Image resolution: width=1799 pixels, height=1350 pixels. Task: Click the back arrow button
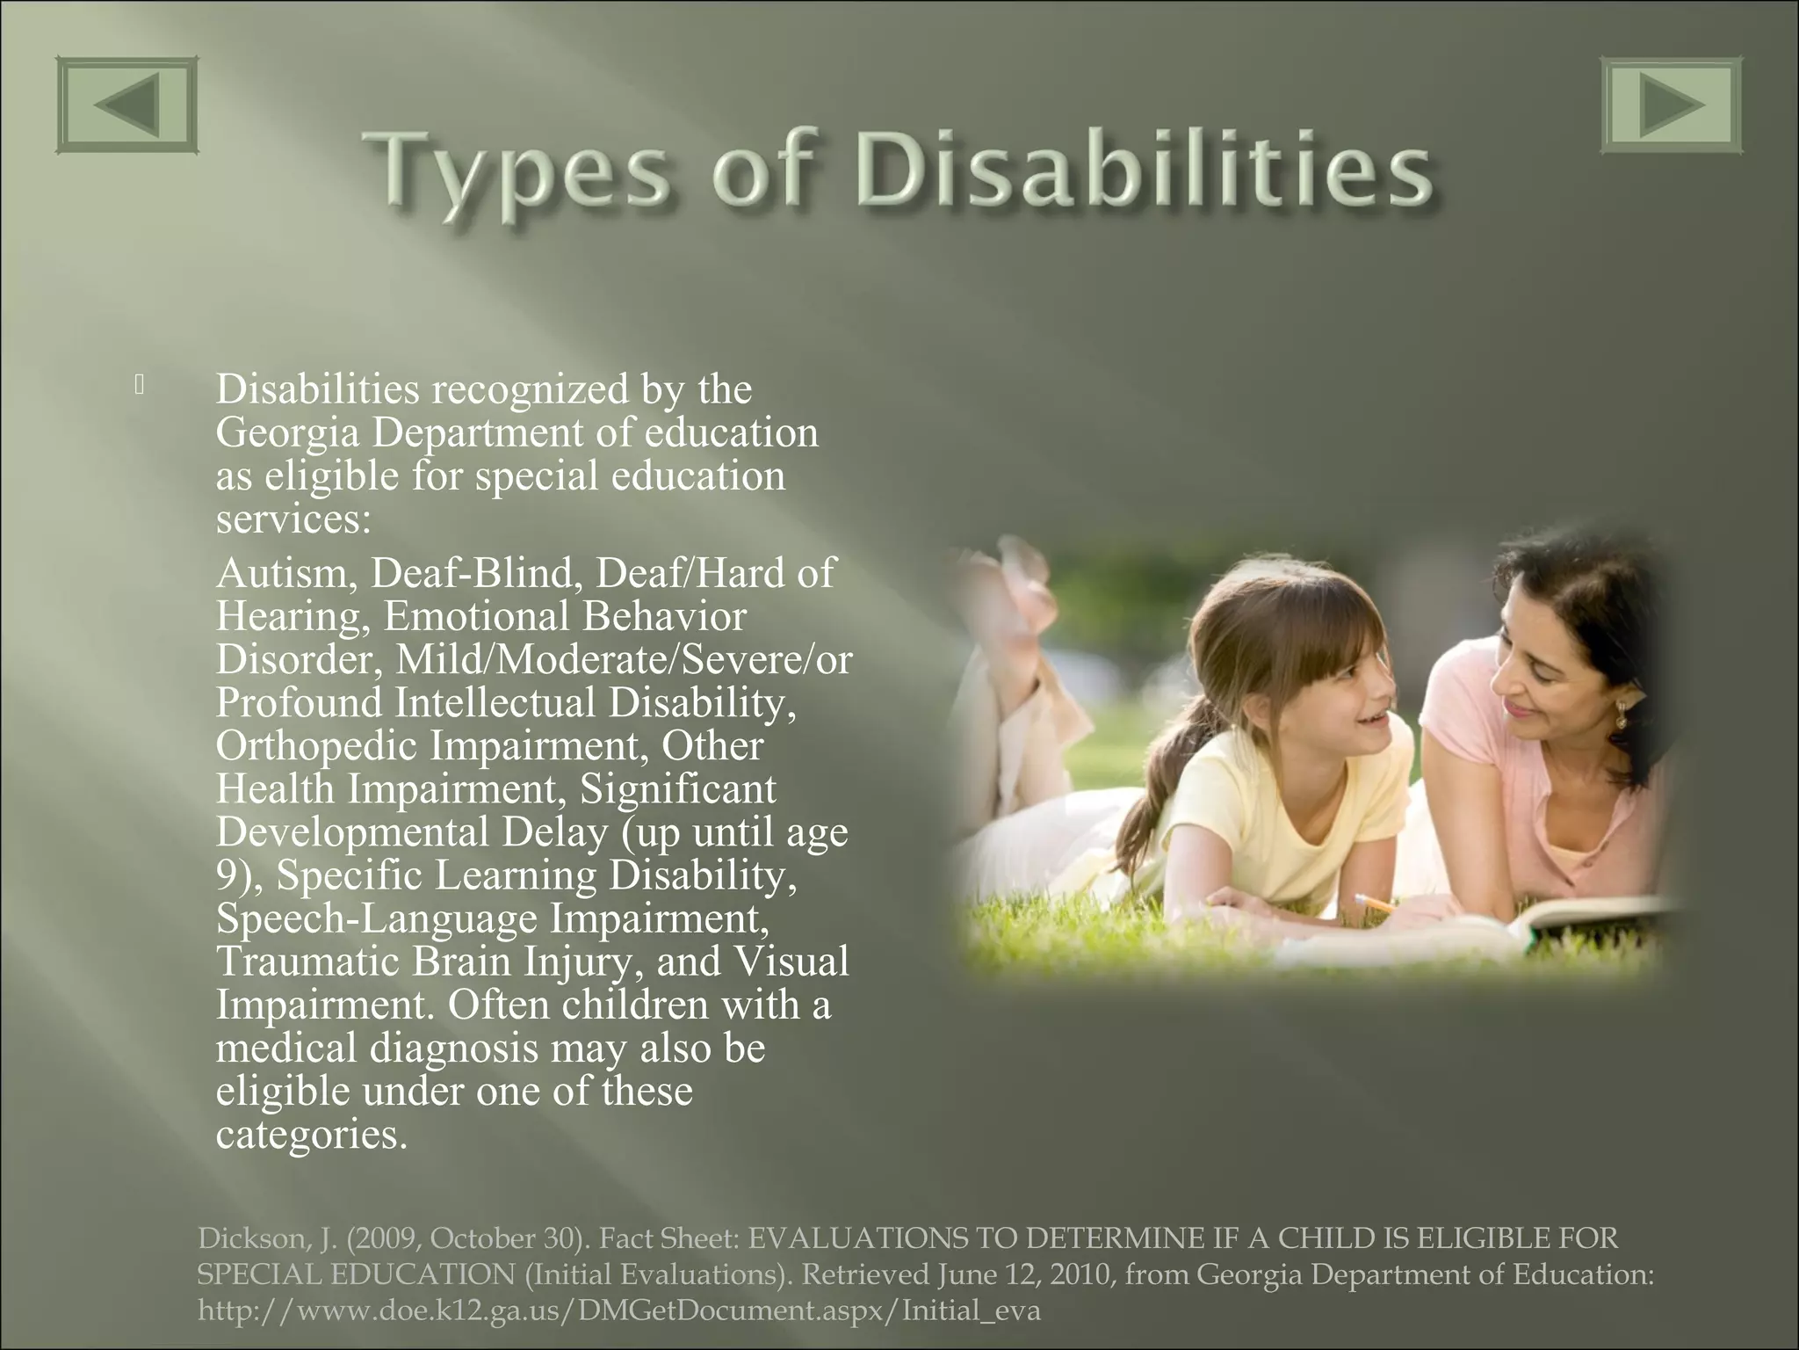127,105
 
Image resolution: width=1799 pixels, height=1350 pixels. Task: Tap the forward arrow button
1671,105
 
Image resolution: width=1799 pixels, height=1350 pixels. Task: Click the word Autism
285,573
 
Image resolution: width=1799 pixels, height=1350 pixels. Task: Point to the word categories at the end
311,1135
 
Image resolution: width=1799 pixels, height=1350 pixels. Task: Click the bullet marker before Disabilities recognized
140,384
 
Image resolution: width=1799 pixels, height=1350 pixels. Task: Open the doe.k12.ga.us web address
618,1310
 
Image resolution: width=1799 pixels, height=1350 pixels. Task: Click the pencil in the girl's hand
1375,903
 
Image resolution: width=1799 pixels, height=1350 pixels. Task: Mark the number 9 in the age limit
225,875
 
